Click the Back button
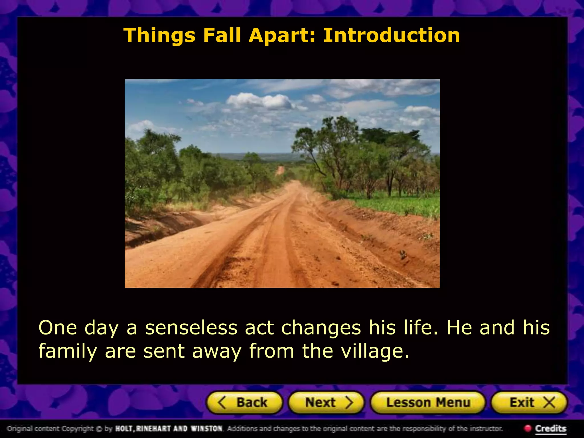pyautogui.click(x=244, y=403)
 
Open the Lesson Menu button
pyautogui.click(x=428, y=403)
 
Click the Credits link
pyautogui.click(x=550, y=428)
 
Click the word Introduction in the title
pyautogui.click(x=391, y=35)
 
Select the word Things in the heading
pyautogui.click(x=159, y=36)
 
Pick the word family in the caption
pyautogui.click(x=68, y=351)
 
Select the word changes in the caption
pyautogui.click(x=321, y=328)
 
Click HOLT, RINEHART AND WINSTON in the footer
pyautogui.click(x=169, y=428)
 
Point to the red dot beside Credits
pyautogui.click(x=528, y=428)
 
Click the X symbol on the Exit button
pyautogui.click(x=549, y=403)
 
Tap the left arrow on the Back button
pyautogui.click(x=222, y=403)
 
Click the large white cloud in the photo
pyautogui.click(x=259, y=101)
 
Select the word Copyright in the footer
pyautogui.click(x=77, y=429)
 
